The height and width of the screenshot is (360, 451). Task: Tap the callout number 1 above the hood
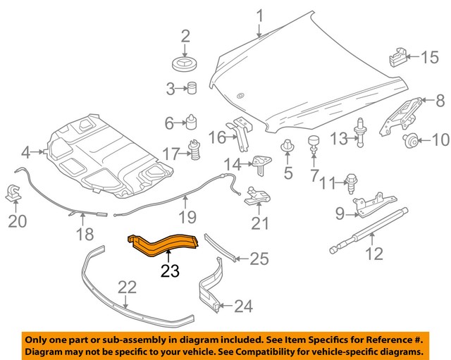(259, 15)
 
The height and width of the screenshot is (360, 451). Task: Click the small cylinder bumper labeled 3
(191, 89)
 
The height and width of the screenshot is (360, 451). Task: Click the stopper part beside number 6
(190, 123)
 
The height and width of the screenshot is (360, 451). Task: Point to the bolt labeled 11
(351, 183)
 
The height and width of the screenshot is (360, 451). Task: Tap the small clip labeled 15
(397, 56)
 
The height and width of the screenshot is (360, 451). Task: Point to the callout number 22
(126, 287)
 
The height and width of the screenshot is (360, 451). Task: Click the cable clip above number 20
(13, 192)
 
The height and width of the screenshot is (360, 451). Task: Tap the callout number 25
(259, 260)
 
